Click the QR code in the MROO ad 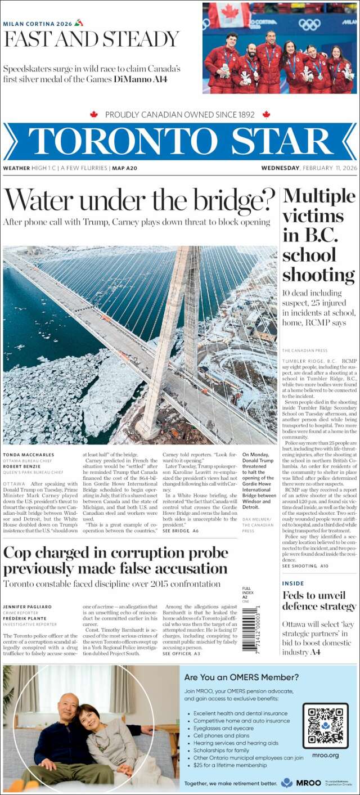325,726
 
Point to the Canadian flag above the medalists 229,15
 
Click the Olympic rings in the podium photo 309,24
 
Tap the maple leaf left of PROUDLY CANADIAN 94,114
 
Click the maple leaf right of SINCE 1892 266,114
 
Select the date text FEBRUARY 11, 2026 329,168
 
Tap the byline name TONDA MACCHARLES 28,455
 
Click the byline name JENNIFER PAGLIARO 28,607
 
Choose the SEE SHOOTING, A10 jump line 305,565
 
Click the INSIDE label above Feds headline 293,583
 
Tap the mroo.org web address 325,755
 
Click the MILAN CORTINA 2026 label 37,24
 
